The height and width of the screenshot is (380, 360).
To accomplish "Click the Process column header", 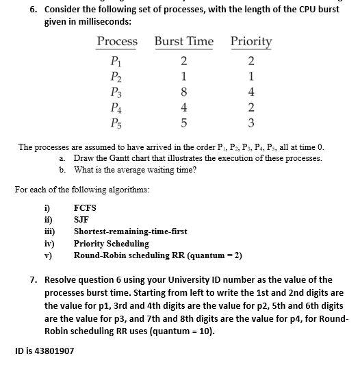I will pyautogui.click(x=117, y=42).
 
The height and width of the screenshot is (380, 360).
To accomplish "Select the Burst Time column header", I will pyautogui.click(x=183, y=42).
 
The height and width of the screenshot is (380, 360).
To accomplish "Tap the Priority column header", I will pyautogui.click(x=251, y=42).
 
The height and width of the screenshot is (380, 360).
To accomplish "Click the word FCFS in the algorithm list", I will pyautogui.click(x=85, y=207).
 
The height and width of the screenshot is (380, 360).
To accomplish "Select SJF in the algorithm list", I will pyautogui.click(x=81, y=219).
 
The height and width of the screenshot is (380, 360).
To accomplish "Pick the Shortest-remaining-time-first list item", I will pyautogui.click(x=130, y=231).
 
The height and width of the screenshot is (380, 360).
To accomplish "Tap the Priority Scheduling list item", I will pyautogui.click(x=111, y=243).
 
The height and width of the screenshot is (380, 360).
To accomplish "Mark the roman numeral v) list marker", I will pyautogui.click(x=47, y=255).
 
